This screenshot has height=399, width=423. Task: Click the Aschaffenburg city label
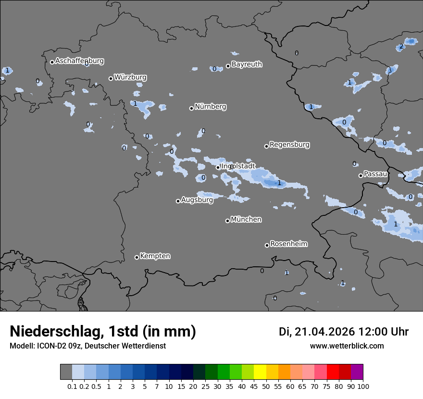point(79,61)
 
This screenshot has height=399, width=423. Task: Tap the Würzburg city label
point(130,77)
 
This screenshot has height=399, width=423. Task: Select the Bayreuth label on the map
point(247,64)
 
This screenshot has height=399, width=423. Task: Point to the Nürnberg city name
point(211,107)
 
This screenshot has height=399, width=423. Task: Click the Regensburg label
point(289,145)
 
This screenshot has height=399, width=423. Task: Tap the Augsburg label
point(197,200)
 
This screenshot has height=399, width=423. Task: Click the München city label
point(246,220)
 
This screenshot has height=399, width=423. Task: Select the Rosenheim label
point(288,244)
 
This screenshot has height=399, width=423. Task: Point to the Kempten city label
point(155,256)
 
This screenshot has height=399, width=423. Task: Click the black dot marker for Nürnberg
point(191,108)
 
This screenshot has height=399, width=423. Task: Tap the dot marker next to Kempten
point(137,257)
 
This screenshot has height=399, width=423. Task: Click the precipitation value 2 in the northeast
point(401,47)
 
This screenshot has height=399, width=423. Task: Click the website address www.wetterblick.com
point(347,346)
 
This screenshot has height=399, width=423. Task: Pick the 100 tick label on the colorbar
point(363,387)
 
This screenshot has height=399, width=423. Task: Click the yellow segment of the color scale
point(260,372)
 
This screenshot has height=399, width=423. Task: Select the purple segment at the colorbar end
point(357,372)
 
